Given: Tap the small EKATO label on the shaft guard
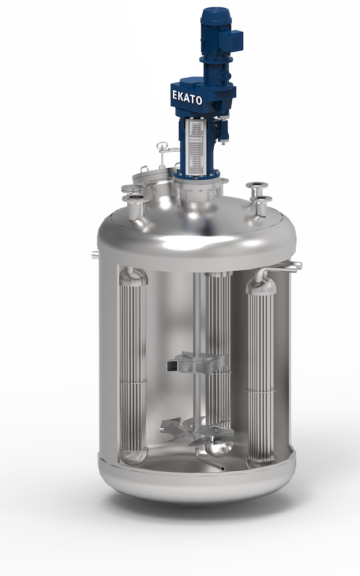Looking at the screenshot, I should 195,139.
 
